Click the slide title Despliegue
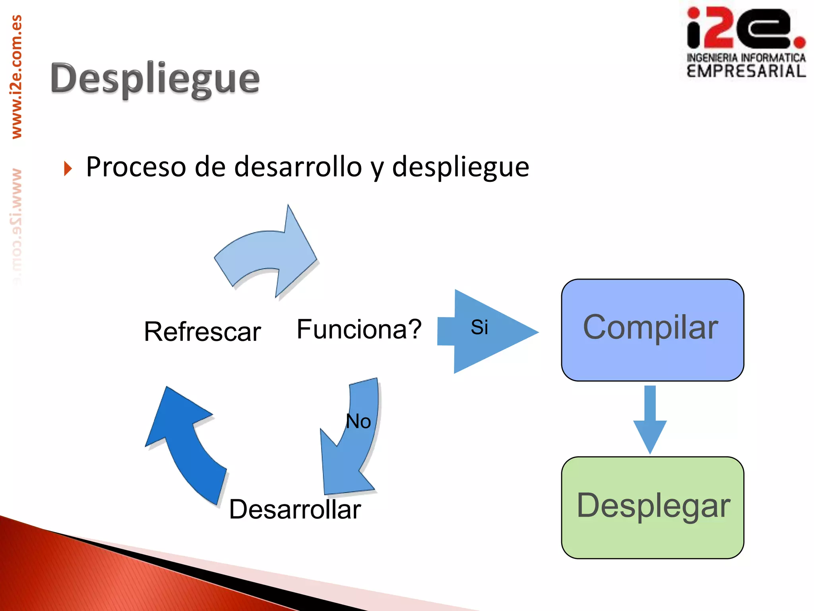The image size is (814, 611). (x=155, y=79)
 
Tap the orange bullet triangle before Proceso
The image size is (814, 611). (x=68, y=169)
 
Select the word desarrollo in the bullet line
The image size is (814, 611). (x=298, y=167)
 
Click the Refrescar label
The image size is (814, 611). (x=202, y=332)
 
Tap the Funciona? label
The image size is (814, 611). (x=359, y=329)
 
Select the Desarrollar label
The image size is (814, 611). (x=295, y=510)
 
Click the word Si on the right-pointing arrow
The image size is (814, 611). (x=479, y=327)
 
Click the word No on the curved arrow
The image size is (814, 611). (x=358, y=421)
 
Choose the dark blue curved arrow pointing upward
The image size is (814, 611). (x=185, y=442)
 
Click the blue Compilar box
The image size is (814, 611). (x=652, y=330)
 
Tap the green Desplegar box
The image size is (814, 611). (x=652, y=507)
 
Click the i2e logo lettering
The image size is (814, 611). (x=739, y=28)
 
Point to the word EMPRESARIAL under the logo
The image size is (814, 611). (x=746, y=72)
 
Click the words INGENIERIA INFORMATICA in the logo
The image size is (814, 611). (x=746, y=58)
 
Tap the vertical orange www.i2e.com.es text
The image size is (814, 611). (x=17, y=78)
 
